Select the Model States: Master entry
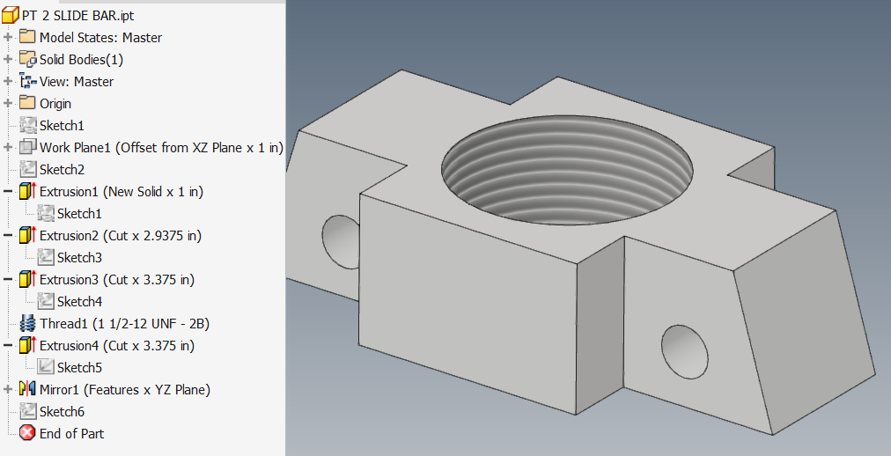pyautogui.click(x=99, y=37)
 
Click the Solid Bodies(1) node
pyautogui.click(x=81, y=59)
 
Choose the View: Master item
pyautogui.click(x=76, y=81)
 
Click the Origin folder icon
pyautogui.click(x=26, y=103)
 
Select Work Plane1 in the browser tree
pyautogui.click(x=161, y=147)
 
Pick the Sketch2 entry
pyautogui.click(x=62, y=169)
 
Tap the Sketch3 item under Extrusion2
pyautogui.click(x=79, y=257)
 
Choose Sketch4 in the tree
pyautogui.click(x=79, y=301)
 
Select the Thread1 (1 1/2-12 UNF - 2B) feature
pyautogui.click(x=123, y=323)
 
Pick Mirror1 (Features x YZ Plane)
pyautogui.click(x=124, y=389)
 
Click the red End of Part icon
pyautogui.click(x=26, y=433)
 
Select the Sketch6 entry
pyautogui.click(x=62, y=411)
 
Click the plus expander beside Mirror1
pyautogui.click(x=8, y=389)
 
